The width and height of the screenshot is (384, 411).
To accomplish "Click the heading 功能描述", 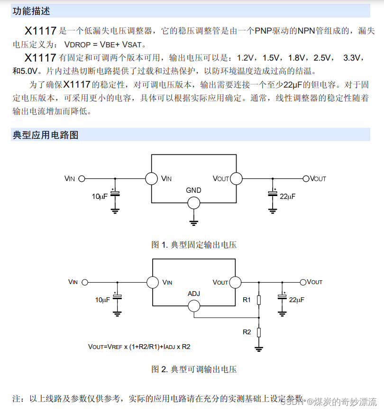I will [31, 11].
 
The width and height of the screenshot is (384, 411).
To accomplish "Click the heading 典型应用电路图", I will [46, 135].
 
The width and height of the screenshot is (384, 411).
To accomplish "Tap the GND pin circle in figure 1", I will [193, 203].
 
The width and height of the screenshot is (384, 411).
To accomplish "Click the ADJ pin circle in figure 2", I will [194, 306].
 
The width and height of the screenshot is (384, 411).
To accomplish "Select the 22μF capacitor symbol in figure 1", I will [273, 193].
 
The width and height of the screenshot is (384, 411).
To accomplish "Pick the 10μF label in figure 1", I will [100, 196].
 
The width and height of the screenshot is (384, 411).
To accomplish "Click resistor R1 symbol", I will [259, 300].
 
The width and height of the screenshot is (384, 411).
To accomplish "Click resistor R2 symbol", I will [259, 332].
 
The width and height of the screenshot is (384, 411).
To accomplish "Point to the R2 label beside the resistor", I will [247, 332].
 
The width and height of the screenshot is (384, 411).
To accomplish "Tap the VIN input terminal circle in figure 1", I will [82, 179].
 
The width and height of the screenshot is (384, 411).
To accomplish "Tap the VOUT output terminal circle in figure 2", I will [303, 282].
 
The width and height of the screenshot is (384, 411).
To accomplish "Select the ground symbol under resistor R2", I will [259, 349].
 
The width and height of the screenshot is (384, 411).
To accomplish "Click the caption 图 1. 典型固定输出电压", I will [194, 245].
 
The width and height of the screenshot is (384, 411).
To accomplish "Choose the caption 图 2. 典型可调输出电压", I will [194, 369].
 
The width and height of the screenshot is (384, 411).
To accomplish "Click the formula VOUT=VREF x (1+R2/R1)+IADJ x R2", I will [139, 347].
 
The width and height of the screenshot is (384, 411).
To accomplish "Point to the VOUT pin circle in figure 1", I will [236, 179].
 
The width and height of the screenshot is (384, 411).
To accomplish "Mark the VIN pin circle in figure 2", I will [153, 282].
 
